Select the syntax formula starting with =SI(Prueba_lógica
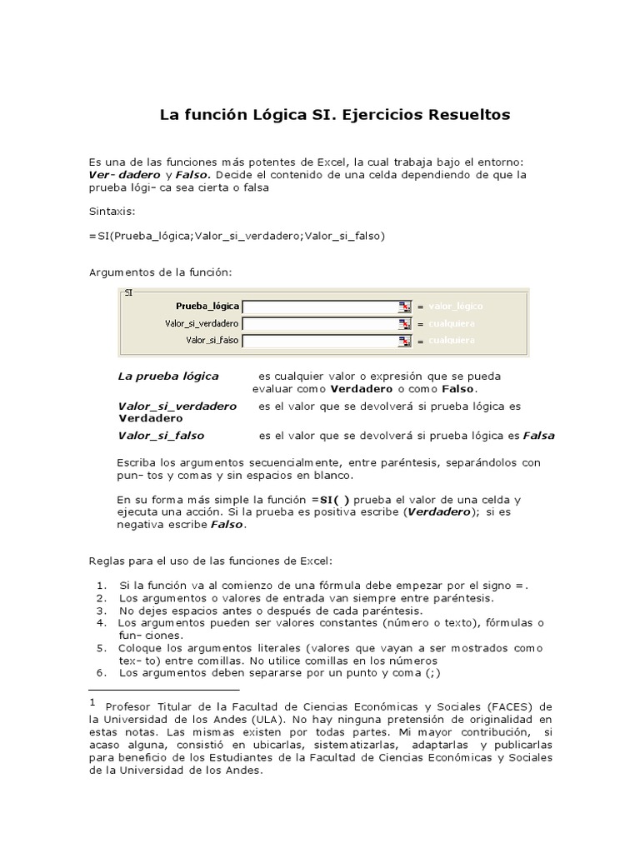click(x=236, y=236)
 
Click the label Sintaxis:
click(x=111, y=212)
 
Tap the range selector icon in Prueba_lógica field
click(x=405, y=307)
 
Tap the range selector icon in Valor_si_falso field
click(x=405, y=340)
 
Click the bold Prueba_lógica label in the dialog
click(x=207, y=307)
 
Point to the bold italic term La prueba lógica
click(x=167, y=376)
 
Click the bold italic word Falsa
click(x=538, y=436)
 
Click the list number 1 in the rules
click(x=100, y=586)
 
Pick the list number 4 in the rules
click(x=100, y=622)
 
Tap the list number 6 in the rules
click(x=100, y=672)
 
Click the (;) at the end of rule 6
click(x=427, y=672)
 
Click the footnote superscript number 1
click(x=92, y=703)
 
